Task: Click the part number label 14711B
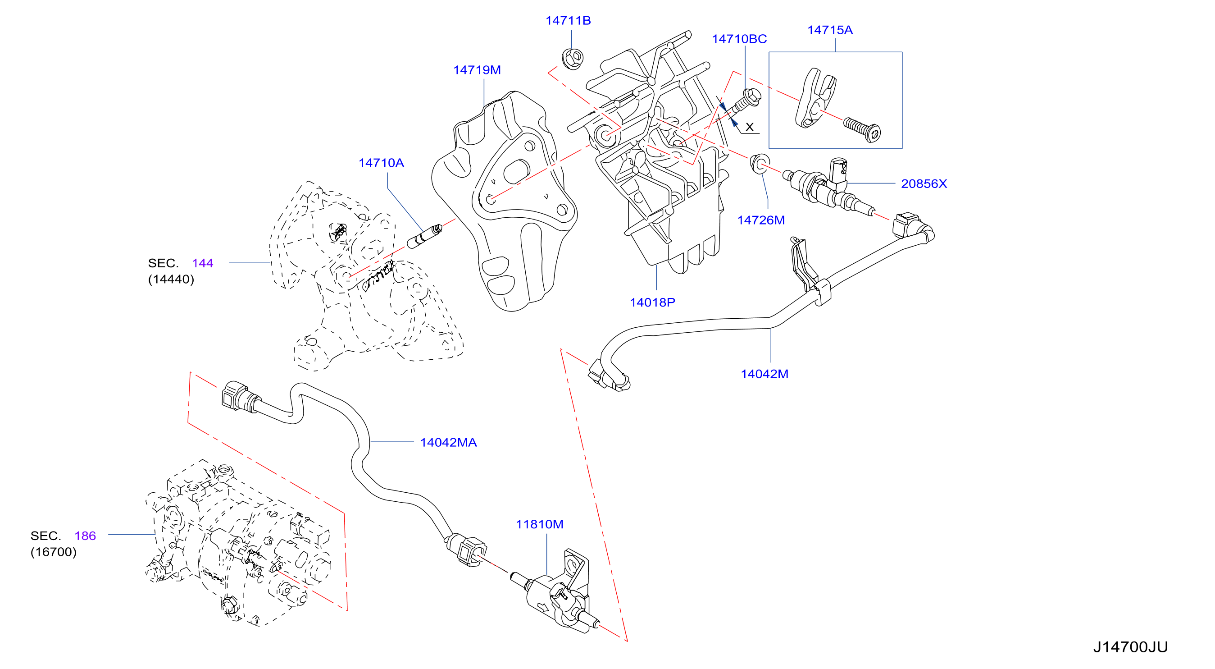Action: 568,21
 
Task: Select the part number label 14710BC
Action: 739,39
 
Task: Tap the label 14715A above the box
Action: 830,30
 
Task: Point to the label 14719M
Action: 477,70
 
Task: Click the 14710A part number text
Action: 381,163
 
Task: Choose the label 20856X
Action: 924,183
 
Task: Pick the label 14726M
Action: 761,220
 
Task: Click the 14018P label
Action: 652,302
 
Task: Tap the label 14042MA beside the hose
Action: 448,442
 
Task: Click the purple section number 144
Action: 202,263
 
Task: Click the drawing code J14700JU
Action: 1130,647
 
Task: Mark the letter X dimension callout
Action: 750,127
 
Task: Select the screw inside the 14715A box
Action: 862,129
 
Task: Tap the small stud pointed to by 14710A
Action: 424,236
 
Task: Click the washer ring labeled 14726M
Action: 760,163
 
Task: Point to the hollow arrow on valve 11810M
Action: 543,607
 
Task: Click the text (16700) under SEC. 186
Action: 53,552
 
